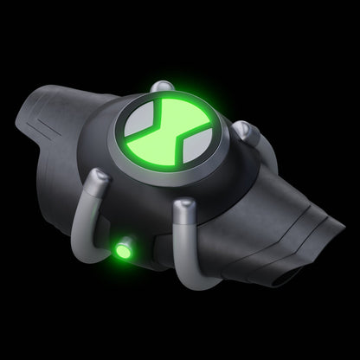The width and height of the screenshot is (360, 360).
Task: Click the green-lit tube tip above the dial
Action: click(x=160, y=87)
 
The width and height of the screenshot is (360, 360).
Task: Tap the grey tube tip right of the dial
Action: click(x=250, y=132)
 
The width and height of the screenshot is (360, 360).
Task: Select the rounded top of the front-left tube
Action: click(x=101, y=179)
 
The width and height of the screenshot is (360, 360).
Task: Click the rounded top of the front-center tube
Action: click(x=184, y=208)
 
